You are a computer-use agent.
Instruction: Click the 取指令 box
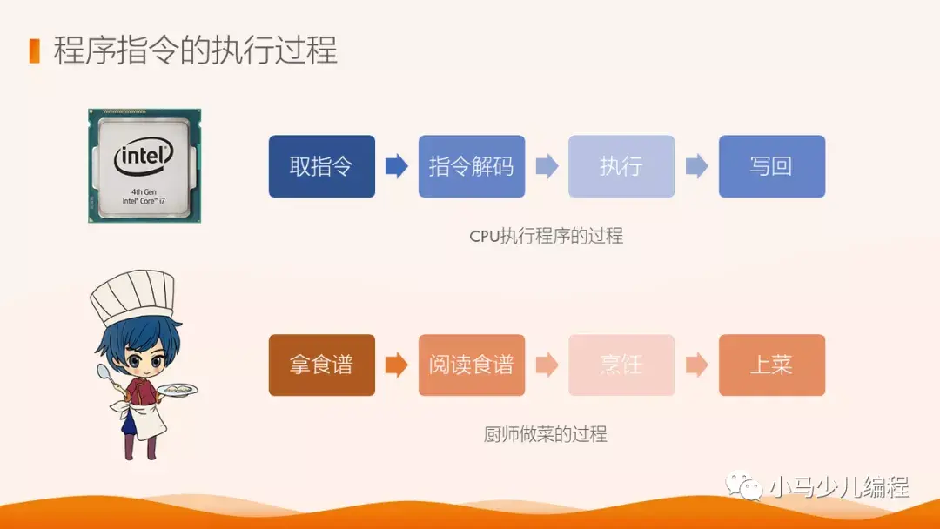click(x=321, y=166)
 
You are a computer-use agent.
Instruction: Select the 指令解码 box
click(x=471, y=166)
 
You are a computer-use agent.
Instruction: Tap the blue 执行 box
click(x=621, y=166)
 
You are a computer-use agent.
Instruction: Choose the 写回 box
click(x=771, y=166)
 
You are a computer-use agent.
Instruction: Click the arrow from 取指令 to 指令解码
click(x=397, y=166)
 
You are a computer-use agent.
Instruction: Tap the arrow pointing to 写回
click(x=696, y=166)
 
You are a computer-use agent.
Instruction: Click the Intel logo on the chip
click(x=144, y=157)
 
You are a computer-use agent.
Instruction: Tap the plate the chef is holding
click(x=178, y=389)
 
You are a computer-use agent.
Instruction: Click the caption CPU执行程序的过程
click(x=546, y=236)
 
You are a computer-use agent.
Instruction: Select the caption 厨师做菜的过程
click(x=546, y=434)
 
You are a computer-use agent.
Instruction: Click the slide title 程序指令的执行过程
click(x=195, y=50)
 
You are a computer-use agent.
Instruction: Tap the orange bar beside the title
click(x=35, y=50)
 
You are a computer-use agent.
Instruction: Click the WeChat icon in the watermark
click(x=745, y=485)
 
